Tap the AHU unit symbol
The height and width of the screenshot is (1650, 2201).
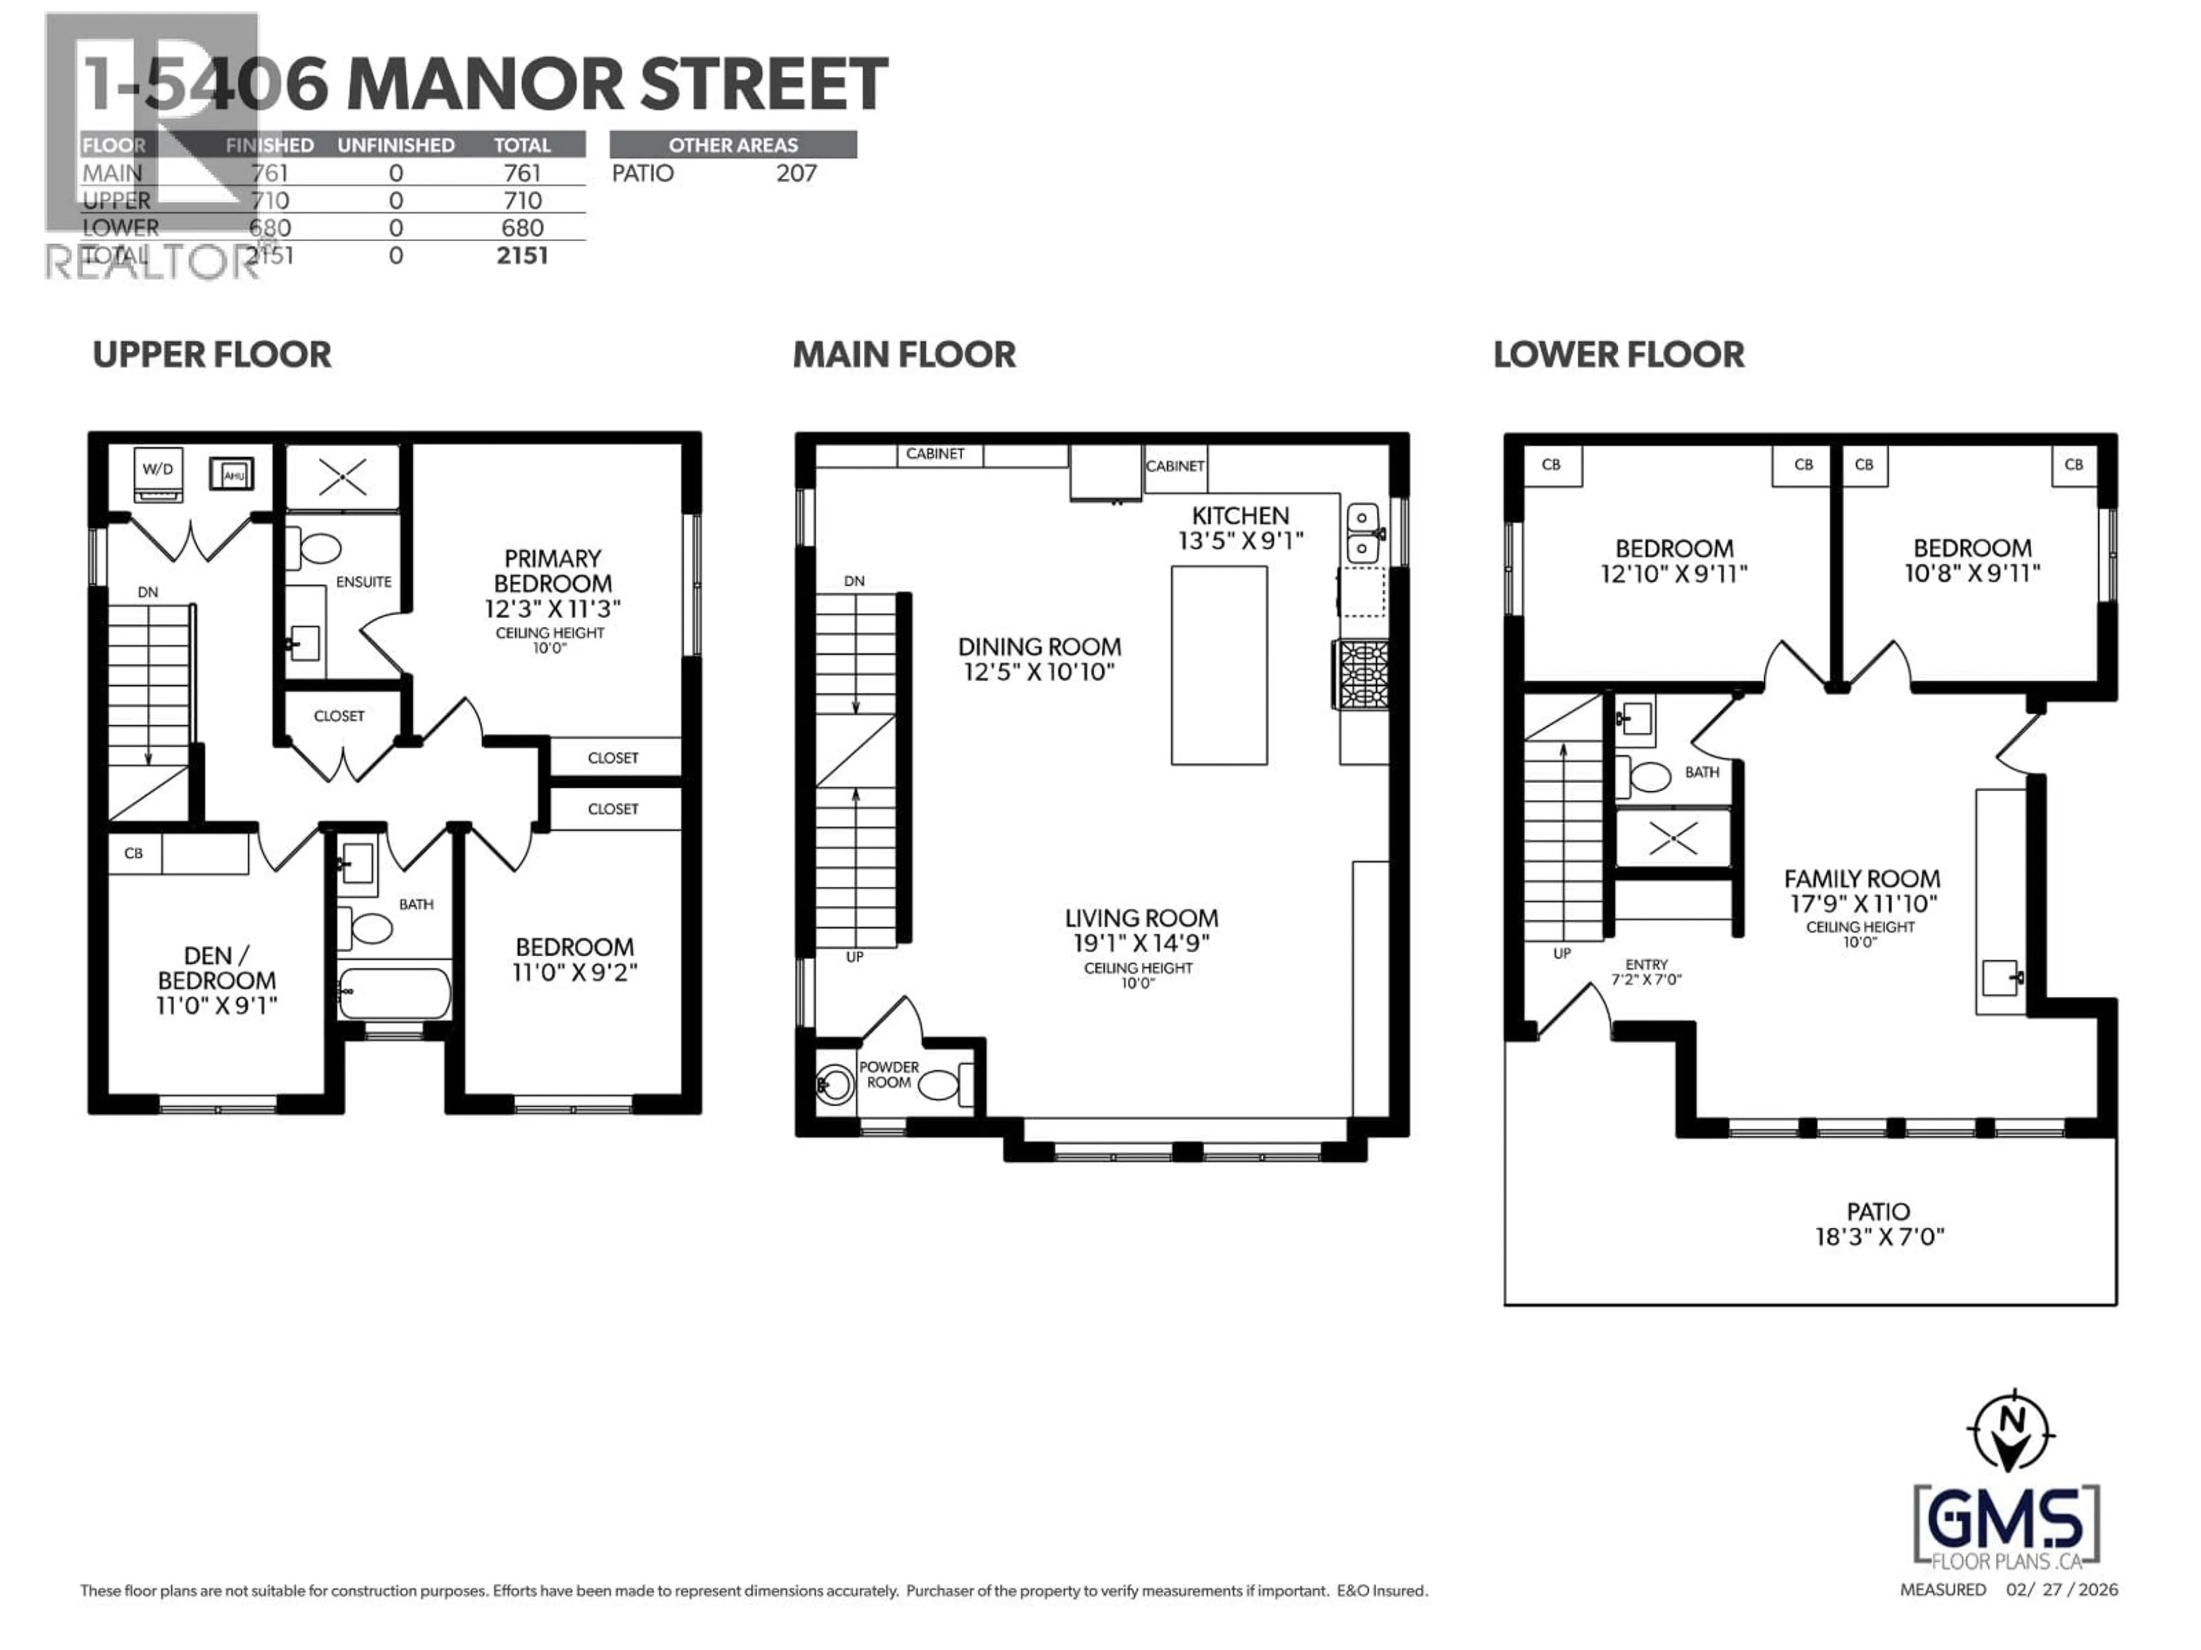click(x=232, y=473)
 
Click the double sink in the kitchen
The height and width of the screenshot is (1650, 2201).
click(x=1362, y=533)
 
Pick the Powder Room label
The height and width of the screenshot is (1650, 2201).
click(x=888, y=1074)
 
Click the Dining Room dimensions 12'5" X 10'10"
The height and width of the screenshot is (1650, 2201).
click(x=1039, y=673)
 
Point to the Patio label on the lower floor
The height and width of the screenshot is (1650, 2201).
click(x=1878, y=1211)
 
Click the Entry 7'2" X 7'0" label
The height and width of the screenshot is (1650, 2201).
click(x=1646, y=972)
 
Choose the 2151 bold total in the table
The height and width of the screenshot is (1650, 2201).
click(x=522, y=256)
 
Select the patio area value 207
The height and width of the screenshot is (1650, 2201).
click(x=796, y=173)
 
